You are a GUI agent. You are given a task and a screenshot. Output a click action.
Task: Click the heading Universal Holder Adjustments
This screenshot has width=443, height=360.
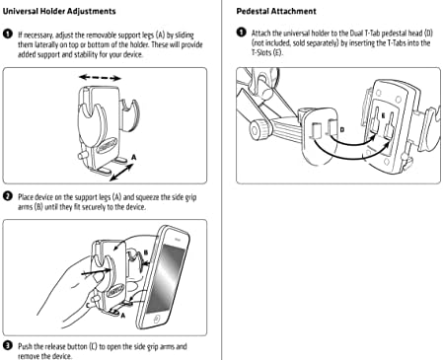(x=59, y=11)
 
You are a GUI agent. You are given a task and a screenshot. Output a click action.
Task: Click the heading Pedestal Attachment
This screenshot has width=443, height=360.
(x=276, y=11)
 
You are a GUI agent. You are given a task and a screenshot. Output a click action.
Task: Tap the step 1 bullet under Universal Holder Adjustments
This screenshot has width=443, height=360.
(x=7, y=35)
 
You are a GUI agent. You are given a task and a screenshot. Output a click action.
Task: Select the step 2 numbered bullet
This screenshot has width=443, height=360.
(x=7, y=196)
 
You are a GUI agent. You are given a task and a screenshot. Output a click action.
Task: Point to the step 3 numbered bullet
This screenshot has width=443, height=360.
(x=7, y=345)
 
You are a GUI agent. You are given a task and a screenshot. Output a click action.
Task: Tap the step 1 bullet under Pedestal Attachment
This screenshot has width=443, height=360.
(x=241, y=33)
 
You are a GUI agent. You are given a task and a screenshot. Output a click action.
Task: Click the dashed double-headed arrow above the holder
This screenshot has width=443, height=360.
(x=100, y=78)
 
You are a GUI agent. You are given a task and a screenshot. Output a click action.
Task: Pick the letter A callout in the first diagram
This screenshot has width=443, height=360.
(x=133, y=158)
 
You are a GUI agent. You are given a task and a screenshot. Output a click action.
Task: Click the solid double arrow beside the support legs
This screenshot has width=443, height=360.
(x=121, y=173)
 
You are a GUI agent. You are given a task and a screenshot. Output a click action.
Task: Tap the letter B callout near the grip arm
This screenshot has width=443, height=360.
(x=146, y=252)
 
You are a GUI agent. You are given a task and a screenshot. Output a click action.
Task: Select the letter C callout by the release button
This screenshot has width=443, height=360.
(x=88, y=306)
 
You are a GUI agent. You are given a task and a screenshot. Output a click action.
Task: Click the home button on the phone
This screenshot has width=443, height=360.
(x=157, y=319)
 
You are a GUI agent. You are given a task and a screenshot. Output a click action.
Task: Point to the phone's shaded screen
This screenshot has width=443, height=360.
(x=165, y=278)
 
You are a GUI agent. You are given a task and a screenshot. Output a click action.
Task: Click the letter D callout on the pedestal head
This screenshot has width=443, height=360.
(x=342, y=129)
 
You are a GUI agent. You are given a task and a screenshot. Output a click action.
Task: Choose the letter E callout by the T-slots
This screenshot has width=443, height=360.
(x=383, y=115)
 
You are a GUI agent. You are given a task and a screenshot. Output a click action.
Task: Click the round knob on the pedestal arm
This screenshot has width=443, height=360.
(x=258, y=130)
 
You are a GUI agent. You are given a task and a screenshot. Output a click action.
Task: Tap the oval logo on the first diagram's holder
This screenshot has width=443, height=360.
(x=108, y=145)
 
